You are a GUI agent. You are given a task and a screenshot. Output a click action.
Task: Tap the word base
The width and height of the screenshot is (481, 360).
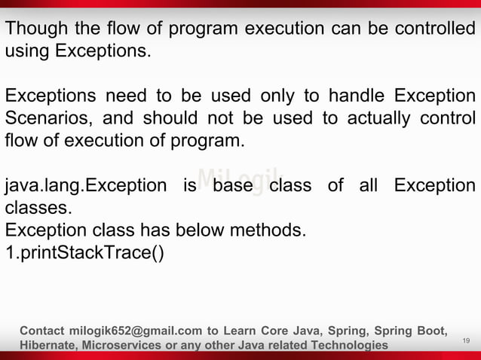point(232,185)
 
